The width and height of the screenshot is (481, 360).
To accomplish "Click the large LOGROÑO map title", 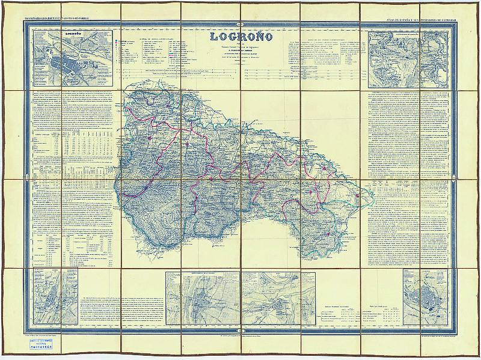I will tap(241, 36).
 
